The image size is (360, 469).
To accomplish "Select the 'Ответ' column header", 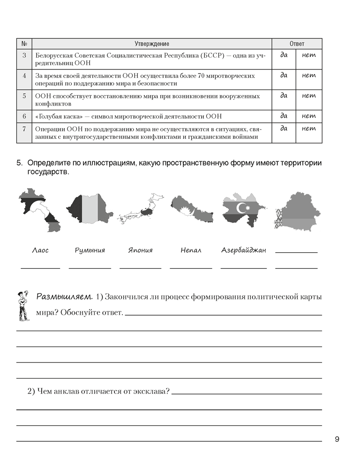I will [x=297, y=44].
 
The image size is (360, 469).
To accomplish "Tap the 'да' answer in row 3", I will [x=284, y=55].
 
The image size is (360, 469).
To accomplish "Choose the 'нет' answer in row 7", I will [x=309, y=129].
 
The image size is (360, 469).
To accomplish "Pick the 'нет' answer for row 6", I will [x=309, y=116].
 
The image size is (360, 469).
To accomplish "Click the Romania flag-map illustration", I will [x=89, y=209].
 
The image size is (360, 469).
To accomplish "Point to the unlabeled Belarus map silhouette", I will [x=297, y=212].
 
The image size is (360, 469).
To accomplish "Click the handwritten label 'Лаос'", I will [x=40, y=250].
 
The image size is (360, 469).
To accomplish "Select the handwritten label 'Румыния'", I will [x=90, y=250].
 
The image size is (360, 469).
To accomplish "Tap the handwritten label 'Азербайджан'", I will [x=243, y=250].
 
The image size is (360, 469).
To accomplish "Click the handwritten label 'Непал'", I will [x=191, y=250].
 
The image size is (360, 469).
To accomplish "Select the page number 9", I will [x=337, y=439].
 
